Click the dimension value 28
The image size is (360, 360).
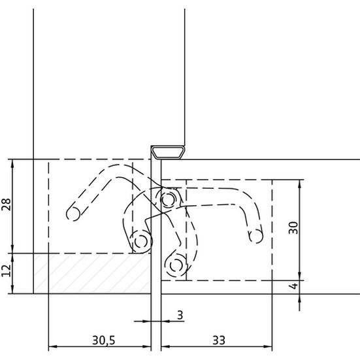[6, 205]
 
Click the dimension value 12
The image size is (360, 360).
[6, 270]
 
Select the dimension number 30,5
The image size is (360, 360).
[103, 340]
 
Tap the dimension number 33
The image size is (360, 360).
[219, 340]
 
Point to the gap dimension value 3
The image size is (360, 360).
[180, 315]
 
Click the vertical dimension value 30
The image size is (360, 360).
[293, 228]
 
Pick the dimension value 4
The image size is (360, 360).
[293, 286]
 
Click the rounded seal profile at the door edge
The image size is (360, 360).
[169, 153]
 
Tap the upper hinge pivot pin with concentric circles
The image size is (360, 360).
[169, 199]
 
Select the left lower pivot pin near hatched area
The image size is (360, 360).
[141, 242]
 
